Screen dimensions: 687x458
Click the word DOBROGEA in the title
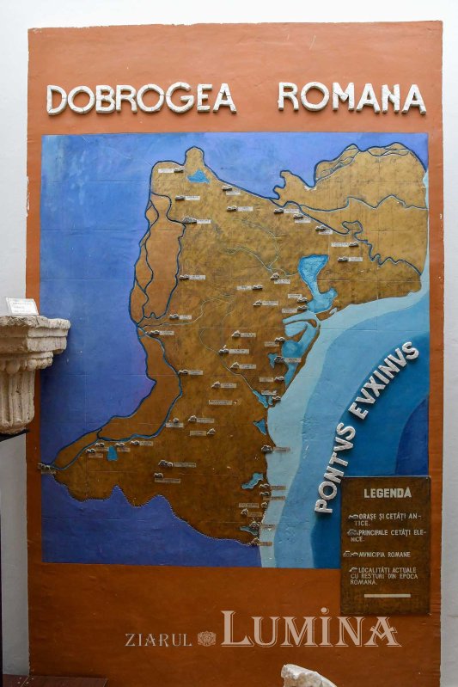(x=141, y=99)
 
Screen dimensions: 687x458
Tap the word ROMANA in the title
(x=351, y=98)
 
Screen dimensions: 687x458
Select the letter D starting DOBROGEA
(x=58, y=100)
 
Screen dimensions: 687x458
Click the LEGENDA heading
(x=387, y=494)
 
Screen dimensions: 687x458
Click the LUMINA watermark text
(x=310, y=630)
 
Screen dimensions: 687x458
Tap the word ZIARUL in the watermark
(x=158, y=640)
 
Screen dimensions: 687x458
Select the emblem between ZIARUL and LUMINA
(x=206, y=638)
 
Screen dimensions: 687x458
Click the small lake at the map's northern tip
(x=198, y=176)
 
